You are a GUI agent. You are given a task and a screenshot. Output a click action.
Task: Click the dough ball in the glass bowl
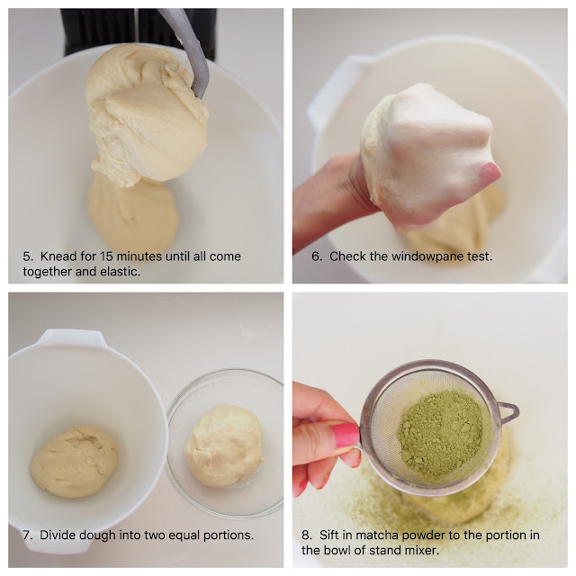click(x=224, y=445)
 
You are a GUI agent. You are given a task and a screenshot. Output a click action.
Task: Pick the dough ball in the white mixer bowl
click(x=74, y=462)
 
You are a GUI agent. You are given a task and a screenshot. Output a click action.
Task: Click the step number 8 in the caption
click(x=307, y=535)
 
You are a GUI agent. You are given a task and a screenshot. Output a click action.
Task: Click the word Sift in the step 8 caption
click(x=328, y=535)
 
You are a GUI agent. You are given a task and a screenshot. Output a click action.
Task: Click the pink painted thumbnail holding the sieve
click(x=346, y=435)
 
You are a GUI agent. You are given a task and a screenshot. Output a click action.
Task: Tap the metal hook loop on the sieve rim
click(x=508, y=412)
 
